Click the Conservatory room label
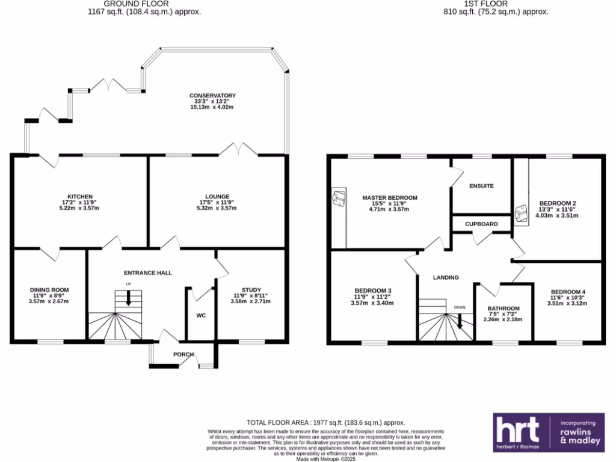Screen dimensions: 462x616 coord(212,96)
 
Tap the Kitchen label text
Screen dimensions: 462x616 coord(80,197)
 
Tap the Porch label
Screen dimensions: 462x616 coord(183,354)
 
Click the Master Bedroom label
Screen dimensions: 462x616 coord(389,198)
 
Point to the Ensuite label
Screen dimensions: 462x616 coord(481,186)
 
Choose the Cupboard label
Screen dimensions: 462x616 coord(481,224)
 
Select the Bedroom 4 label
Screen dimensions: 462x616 coord(567,292)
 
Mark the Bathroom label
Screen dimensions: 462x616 coord(504,309)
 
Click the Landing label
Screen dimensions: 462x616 coord(446,277)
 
